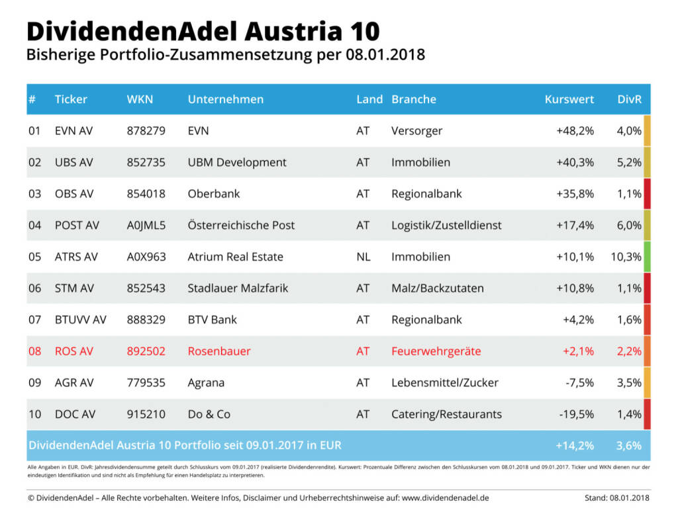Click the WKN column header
[140, 99]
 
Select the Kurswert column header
[569, 99]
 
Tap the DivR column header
[629, 99]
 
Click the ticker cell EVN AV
[73, 131]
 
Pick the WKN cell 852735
[146, 162]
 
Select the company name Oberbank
[214, 194]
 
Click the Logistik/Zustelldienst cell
[446, 225]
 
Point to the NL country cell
[363, 257]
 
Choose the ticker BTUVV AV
[80, 320]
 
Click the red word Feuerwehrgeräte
[436, 351]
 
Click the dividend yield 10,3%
[626, 257]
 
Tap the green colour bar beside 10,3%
[647, 257]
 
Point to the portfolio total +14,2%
[575, 445]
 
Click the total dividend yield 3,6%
[628, 445]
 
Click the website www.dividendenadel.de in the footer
[446, 497]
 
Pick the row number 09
[34, 382]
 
